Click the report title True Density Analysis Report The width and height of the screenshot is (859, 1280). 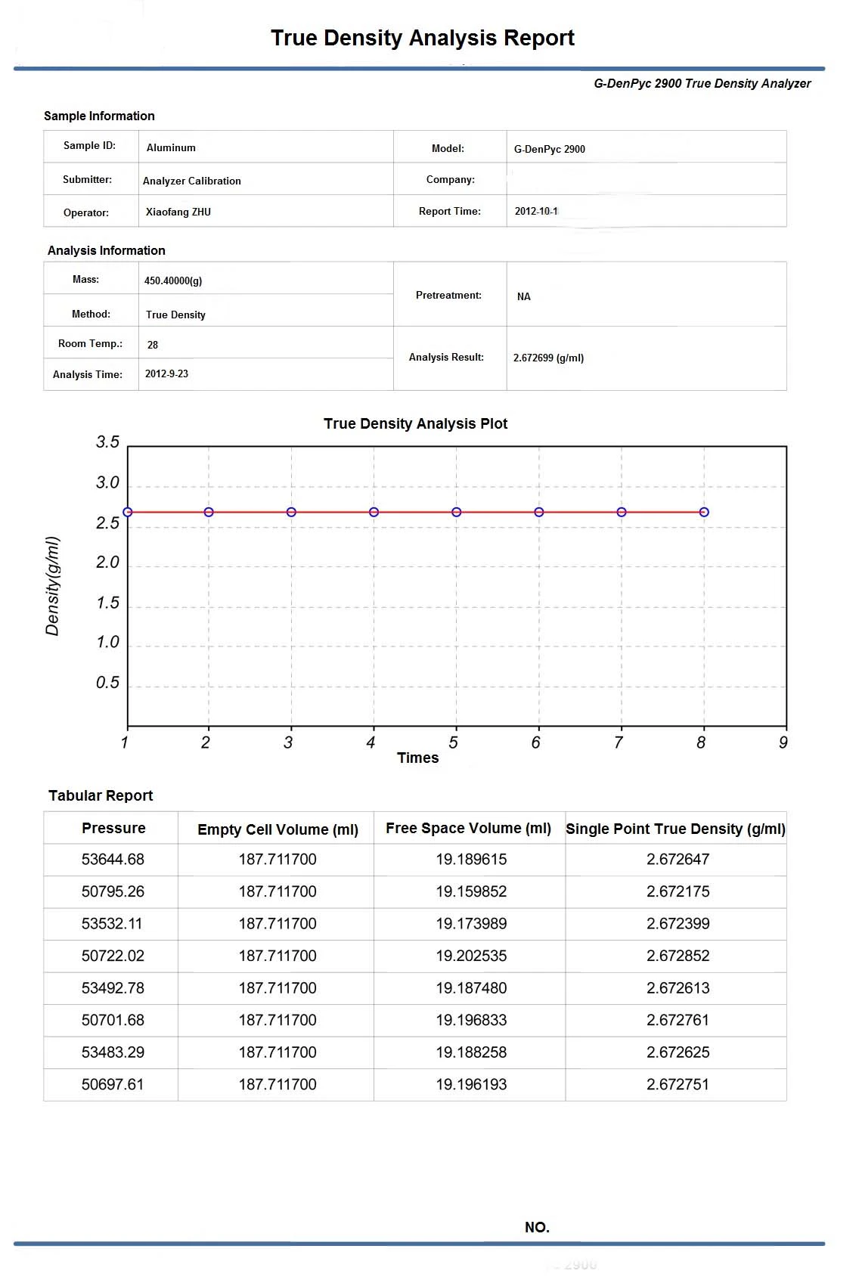422,38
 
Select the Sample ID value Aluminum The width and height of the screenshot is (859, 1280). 171,147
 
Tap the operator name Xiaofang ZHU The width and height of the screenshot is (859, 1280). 178,212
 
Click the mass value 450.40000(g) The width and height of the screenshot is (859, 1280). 173,280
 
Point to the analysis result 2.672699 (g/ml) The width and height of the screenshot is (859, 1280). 548,358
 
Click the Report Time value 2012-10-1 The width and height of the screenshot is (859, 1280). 536,211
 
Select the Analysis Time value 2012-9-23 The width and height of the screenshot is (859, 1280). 166,373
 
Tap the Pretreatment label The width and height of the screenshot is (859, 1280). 448,295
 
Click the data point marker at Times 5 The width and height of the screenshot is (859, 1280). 457,512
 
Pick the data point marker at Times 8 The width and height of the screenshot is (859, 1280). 704,512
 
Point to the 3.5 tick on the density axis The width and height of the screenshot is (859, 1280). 107,442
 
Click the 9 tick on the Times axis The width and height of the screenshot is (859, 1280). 783,742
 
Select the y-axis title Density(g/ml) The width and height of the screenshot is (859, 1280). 52,586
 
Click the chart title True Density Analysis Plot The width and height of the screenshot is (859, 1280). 415,423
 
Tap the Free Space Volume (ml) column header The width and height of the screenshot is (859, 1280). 468,828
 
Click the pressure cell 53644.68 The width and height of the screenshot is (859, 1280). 113,859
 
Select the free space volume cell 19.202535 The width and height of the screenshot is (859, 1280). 471,956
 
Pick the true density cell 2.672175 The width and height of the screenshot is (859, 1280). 678,891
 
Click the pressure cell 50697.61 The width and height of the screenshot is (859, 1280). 113,1084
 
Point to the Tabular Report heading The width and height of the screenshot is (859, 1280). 101,795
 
